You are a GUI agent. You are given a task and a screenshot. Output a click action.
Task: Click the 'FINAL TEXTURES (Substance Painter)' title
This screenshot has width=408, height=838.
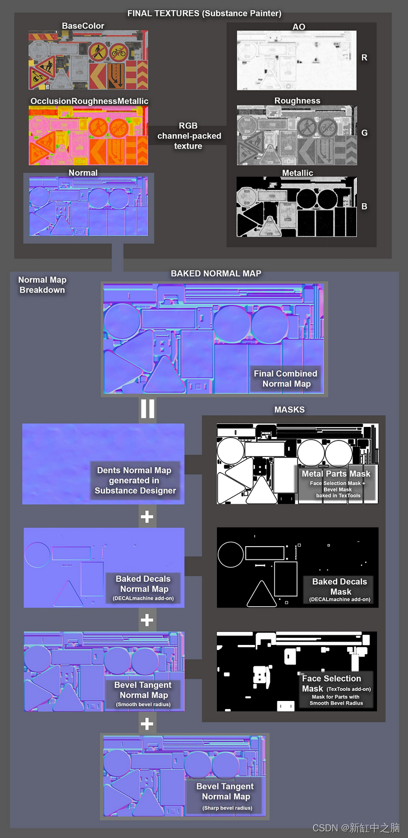[x=204, y=13]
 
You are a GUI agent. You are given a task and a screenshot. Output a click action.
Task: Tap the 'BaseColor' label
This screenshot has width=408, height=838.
[x=83, y=26]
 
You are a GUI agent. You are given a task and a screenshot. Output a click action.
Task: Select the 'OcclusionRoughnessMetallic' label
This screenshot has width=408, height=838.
[x=89, y=101]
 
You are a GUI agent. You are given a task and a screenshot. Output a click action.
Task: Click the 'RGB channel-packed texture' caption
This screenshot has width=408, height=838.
[x=189, y=136]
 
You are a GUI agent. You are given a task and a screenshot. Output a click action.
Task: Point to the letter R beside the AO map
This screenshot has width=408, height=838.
[x=364, y=58]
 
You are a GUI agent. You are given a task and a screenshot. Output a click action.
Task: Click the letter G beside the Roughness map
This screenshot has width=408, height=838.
[x=364, y=133]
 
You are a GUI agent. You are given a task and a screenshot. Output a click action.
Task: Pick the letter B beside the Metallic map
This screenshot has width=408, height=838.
[x=364, y=206]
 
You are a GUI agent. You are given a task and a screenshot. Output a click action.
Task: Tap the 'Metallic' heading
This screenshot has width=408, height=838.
[x=297, y=173]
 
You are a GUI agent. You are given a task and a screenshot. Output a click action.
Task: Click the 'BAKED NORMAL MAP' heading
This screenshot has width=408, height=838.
[x=216, y=274]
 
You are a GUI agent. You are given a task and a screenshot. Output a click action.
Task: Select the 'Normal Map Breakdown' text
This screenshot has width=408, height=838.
[x=42, y=285]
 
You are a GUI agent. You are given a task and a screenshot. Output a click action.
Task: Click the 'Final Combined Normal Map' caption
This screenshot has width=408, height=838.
[x=286, y=379]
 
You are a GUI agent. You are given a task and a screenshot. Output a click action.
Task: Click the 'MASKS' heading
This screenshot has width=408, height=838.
[x=289, y=410]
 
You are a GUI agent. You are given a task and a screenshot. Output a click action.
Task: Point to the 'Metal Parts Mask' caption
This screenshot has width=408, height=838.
[x=336, y=474]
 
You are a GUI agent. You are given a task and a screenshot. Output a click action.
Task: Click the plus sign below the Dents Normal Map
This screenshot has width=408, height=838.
[x=147, y=517]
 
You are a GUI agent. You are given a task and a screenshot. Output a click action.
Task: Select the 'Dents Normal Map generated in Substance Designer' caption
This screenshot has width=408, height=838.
[x=135, y=480]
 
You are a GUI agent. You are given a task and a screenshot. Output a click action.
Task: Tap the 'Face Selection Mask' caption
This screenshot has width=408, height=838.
[x=331, y=683]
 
